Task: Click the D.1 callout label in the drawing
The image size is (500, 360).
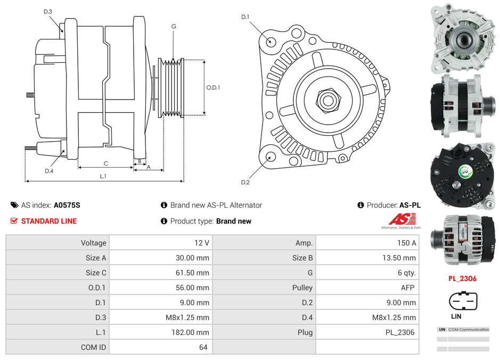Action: (245, 17)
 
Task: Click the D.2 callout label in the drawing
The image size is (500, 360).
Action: (245, 183)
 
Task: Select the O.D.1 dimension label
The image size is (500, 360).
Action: (213, 88)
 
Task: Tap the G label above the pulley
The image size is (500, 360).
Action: (174, 27)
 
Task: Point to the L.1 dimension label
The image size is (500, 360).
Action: (103, 176)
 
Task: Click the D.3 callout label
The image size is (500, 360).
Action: (48, 11)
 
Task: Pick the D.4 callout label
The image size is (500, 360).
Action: (49, 171)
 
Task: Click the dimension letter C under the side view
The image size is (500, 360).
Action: (106, 163)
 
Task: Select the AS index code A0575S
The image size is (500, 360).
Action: (67, 205)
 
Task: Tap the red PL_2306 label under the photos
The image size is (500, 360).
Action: (462, 279)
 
